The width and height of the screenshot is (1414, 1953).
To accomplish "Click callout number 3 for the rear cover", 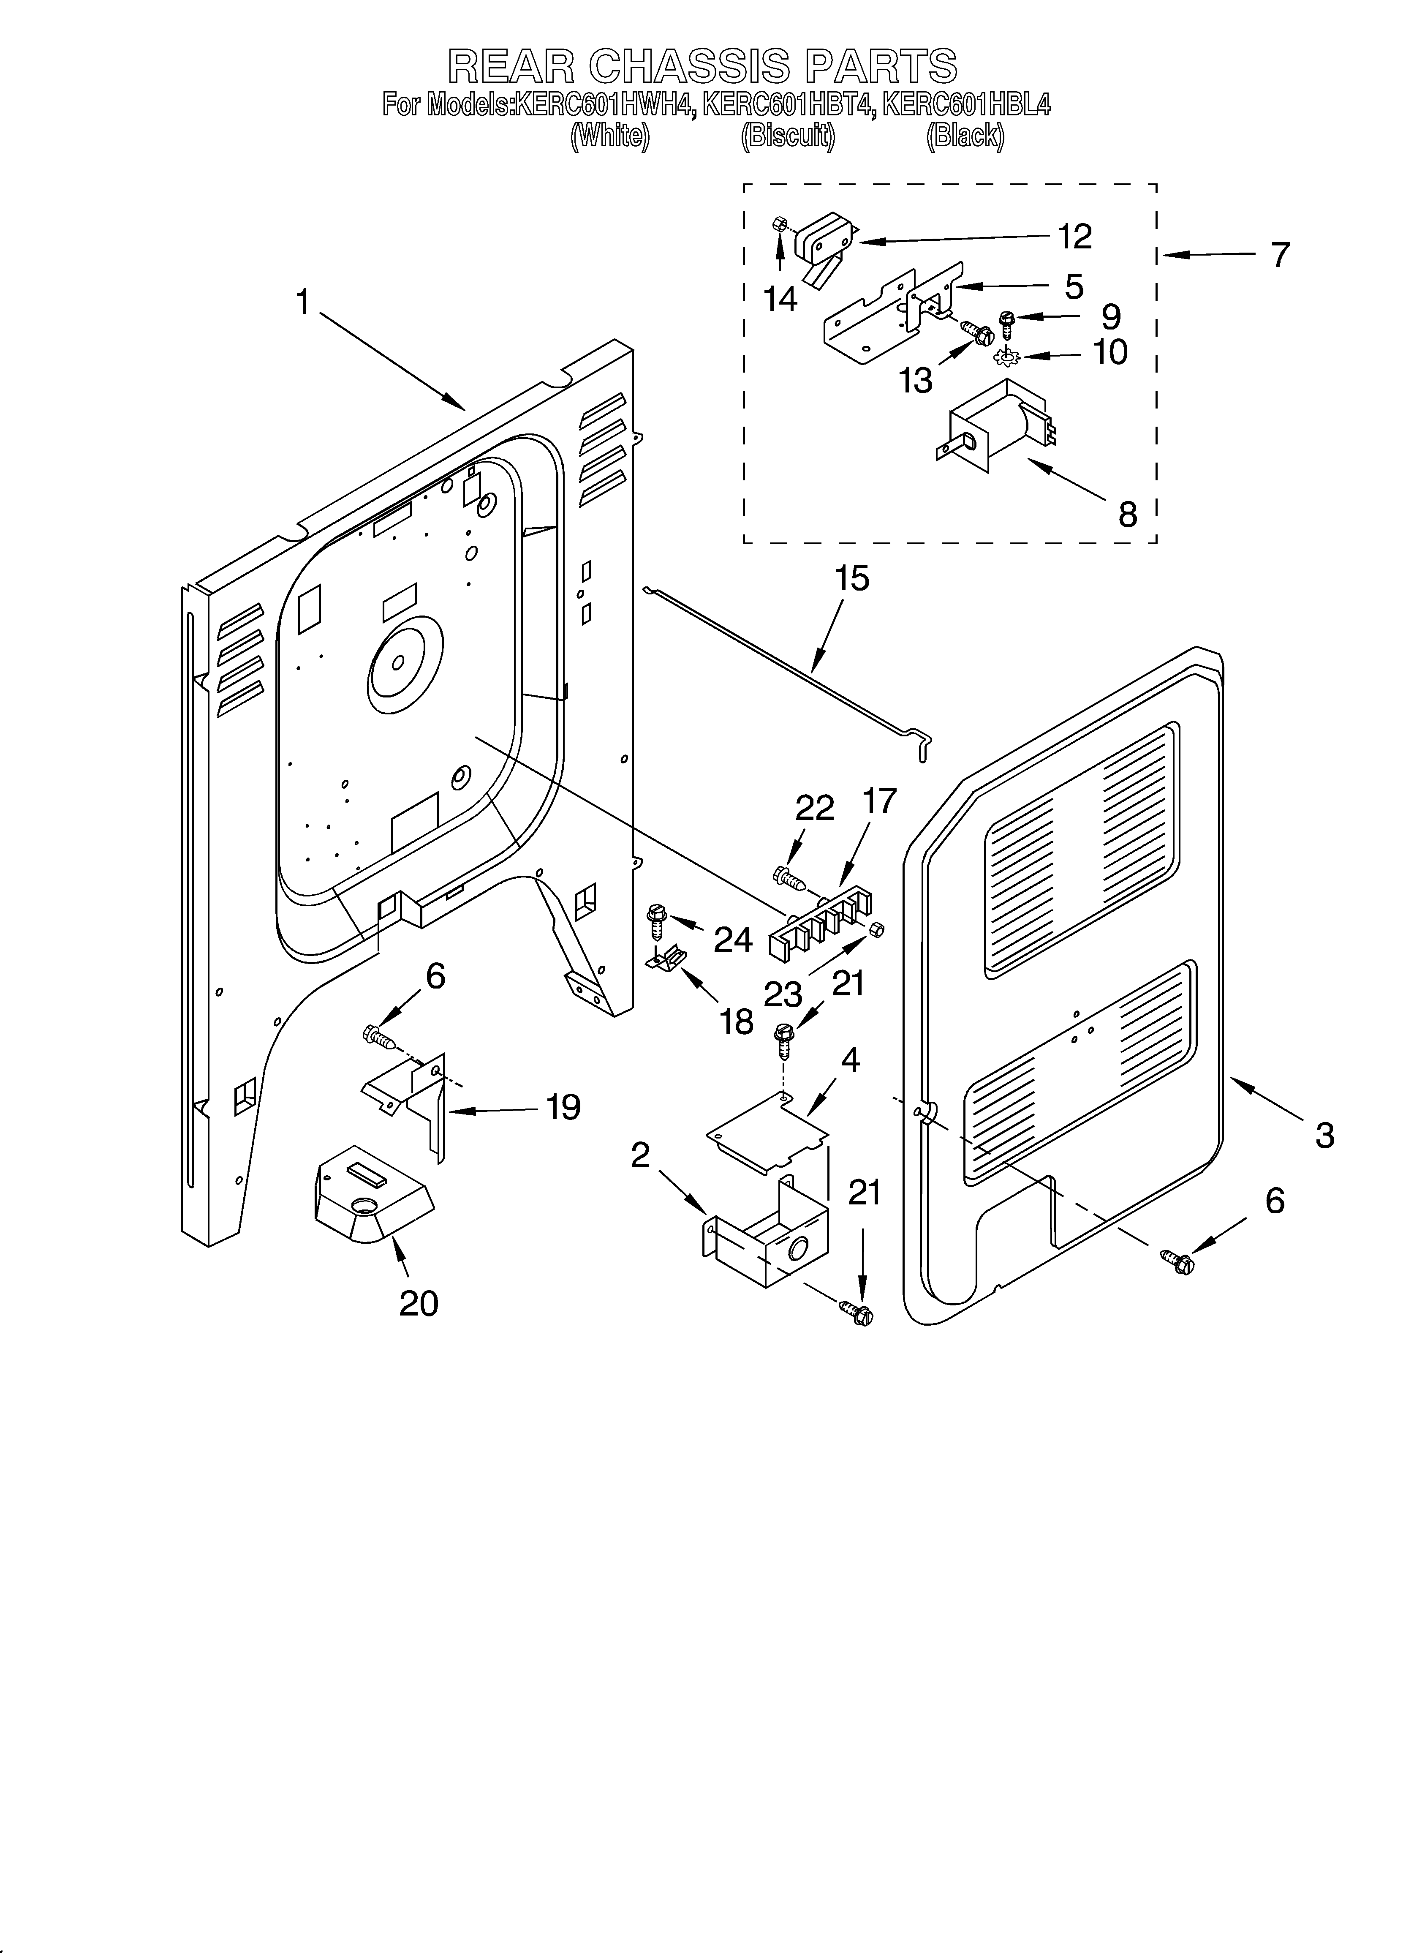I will coord(1324,1135).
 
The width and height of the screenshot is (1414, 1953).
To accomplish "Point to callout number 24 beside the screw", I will coord(733,939).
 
